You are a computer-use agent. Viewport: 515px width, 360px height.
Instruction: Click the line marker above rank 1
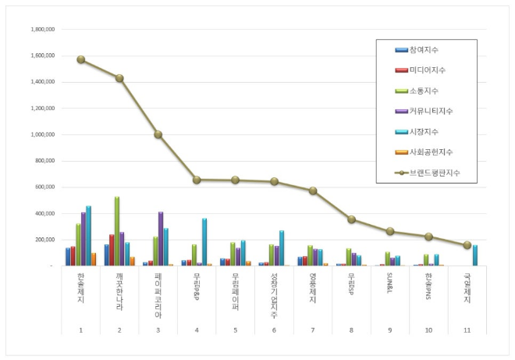(x=81, y=59)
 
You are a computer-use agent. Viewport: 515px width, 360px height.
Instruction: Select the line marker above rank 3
(x=158, y=134)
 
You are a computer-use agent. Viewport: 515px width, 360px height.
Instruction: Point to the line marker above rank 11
(x=467, y=245)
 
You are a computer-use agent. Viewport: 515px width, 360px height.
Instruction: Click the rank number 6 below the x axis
(x=274, y=331)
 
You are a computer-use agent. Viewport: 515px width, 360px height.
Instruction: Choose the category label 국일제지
(x=467, y=287)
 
